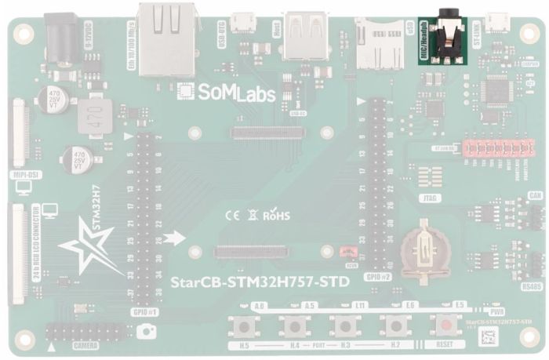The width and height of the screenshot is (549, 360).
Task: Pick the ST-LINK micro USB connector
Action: tap(497, 21)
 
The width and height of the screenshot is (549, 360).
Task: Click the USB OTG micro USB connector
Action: tap(244, 21)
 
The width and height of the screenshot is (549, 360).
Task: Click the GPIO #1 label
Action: tap(146, 311)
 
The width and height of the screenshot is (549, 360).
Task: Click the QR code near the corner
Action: tap(489, 338)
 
